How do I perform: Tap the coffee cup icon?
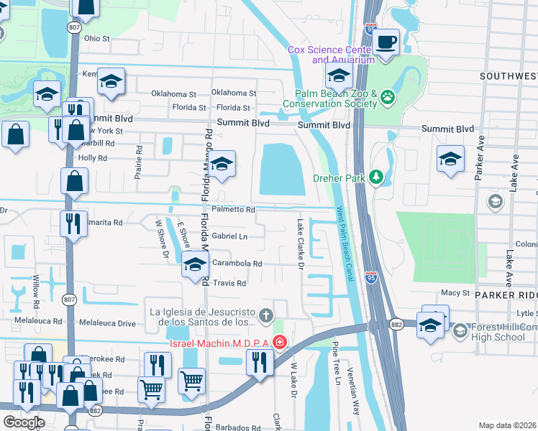[386, 42]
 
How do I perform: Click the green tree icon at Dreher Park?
[375, 177]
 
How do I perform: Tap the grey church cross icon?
[266, 314]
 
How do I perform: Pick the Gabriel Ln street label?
[229, 236]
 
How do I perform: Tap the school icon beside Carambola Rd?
[194, 265]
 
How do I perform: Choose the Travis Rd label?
[229, 283]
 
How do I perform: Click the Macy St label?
[455, 293]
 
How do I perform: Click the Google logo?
[24, 422]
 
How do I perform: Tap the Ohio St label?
[96, 38]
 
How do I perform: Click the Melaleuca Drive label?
[107, 324]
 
